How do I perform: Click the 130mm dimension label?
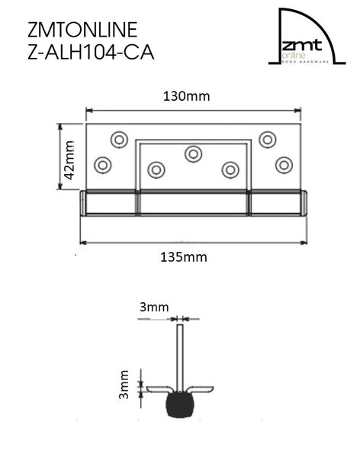[187, 96]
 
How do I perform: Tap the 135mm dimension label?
[185, 257]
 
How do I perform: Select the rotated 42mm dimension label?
[69, 159]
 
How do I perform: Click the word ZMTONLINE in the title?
[82, 30]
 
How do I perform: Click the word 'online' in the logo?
[291, 56]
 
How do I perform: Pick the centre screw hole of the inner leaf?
[193, 153]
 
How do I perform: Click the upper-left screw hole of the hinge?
[118, 139]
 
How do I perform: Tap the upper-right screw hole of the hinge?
[267, 139]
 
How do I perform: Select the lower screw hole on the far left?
[101, 164]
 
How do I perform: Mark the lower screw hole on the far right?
[284, 164]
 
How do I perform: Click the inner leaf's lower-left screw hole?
[156, 169]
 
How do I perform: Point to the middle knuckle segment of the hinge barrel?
[193, 202]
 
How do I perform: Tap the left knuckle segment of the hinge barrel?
[110, 202]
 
